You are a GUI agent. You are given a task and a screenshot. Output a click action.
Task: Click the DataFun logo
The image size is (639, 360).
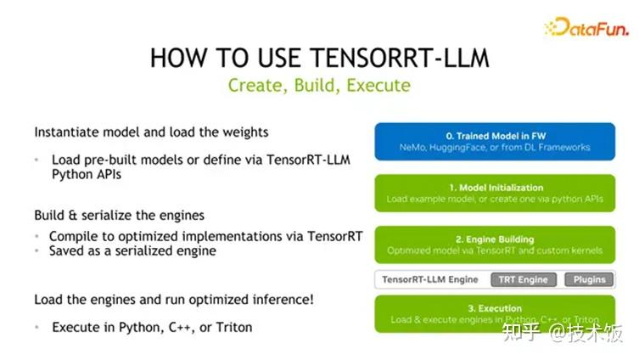(x=586, y=27)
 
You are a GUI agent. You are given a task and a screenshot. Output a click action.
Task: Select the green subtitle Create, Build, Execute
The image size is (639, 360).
(x=319, y=86)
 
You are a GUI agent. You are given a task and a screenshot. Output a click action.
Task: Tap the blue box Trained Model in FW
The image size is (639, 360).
(x=495, y=141)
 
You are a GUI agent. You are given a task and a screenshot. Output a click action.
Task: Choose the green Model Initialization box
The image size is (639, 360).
(x=495, y=193)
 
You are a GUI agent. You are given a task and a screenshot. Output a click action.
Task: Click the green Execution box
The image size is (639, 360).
(x=495, y=313)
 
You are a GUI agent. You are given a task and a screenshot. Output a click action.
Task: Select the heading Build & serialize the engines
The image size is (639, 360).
(x=120, y=215)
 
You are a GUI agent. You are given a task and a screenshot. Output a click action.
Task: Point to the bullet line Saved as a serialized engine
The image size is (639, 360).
(x=132, y=250)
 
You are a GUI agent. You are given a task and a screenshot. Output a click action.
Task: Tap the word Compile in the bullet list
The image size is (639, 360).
(x=74, y=235)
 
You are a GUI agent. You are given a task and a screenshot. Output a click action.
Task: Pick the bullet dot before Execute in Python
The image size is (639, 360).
(x=38, y=327)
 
